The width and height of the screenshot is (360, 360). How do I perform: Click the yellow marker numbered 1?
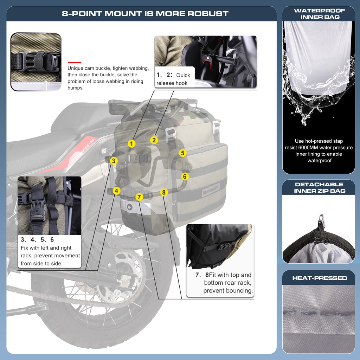pyautogui.click(x=131, y=143)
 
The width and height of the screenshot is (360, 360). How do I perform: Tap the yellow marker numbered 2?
pyautogui.click(x=154, y=140)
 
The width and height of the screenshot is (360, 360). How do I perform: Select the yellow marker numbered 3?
pyautogui.click(x=113, y=161)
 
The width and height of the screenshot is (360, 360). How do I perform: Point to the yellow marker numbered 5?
pyautogui.click(x=182, y=153)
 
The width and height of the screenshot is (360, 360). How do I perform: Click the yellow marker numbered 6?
pyautogui.click(x=185, y=176)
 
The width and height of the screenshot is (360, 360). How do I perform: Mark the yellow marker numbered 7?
pyautogui.click(x=139, y=197)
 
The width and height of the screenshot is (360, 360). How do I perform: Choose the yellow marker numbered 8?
pyautogui.click(x=163, y=192)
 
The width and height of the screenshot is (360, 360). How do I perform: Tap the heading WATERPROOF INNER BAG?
pyautogui.click(x=319, y=14)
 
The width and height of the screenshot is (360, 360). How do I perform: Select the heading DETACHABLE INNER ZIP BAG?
pyautogui.click(x=319, y=188)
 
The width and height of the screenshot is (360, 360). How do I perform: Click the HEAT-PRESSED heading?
pyautogui.click(x=319, y=278)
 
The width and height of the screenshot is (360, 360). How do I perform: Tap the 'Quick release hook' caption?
pyautogui.click(x=173, y=79)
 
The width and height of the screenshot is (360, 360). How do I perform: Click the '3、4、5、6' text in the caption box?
pyautogui.click(x=37, y=240)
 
